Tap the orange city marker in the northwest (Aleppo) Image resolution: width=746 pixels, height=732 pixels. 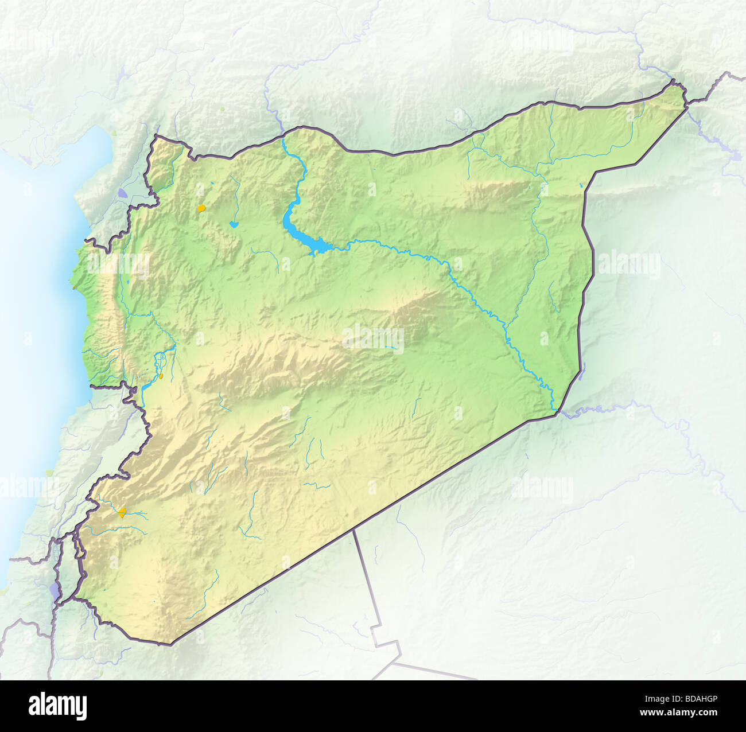point(201,209)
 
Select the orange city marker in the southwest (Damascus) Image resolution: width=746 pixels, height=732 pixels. point(122,512)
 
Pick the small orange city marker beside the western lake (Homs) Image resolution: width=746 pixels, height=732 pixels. point(162,376)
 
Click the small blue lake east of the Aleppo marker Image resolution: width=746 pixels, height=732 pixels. point(234,224)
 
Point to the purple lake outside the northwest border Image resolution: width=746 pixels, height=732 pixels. point(124,194)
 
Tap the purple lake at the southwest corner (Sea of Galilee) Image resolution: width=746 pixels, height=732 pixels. point(55,591)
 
